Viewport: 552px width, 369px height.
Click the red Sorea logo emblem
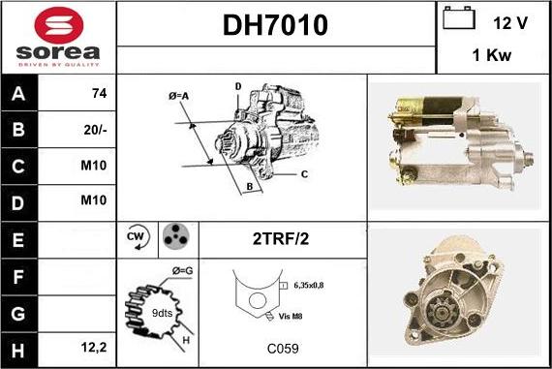pyautogui.click(x=58, y=25)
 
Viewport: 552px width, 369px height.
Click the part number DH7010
pyautogui.click(x=275, y=25)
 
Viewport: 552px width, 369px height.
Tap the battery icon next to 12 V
pyautogui.click(x=459, y=17)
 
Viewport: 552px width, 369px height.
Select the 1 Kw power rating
pyautogui.click(x=491, y=55)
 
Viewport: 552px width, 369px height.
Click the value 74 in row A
pyautogui.click(x=100, y=93)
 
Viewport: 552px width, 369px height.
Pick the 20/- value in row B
pyautogui.click(x=95, y=130)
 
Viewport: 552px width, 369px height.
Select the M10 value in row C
pyautogui.click(x=94, y=166)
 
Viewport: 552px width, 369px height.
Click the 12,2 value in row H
pyautogui.click(x=94, y=348)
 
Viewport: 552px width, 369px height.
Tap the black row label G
pyautogui.click(x=18, y=314)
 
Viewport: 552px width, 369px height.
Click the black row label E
pyautogui.click(x=18, y=240)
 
